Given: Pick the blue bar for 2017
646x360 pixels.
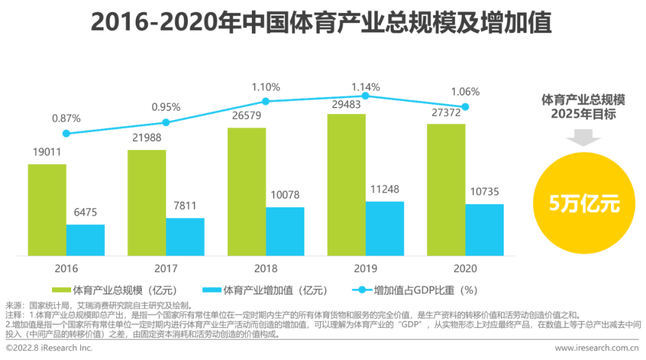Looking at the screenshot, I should [x=185, y=237].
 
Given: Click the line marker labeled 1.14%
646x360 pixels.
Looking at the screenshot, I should [x=365, y=96].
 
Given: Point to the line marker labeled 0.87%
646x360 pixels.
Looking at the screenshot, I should [x=66, y=133].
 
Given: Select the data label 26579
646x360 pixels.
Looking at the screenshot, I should [x=246, y=115].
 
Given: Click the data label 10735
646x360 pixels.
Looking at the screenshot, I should [x=483, y=193].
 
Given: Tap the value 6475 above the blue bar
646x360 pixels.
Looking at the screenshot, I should [x=86, y=212].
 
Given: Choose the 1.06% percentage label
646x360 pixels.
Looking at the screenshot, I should [x=465, y=91].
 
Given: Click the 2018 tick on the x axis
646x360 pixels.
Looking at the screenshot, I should [x=265, y=269].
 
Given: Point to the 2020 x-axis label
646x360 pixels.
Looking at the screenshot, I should [x=465, y=269].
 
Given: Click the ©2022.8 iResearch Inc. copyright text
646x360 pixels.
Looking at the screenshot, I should [x=49, y=347].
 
